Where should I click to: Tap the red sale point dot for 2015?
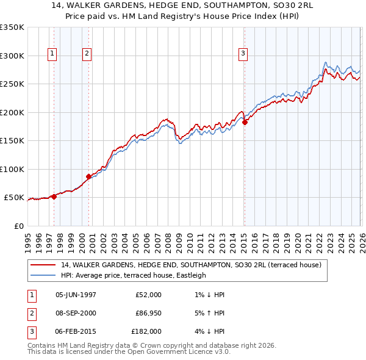(245, 122)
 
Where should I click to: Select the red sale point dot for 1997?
(54, 196)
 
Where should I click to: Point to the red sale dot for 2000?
(89, 176)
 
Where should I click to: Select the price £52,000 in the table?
(148, 294)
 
